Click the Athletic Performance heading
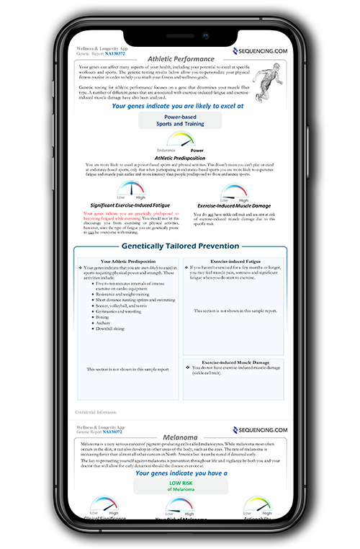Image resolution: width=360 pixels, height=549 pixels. (181, 59)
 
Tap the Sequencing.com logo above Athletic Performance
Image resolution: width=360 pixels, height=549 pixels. (260, 51)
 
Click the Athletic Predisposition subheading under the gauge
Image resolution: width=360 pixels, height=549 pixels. (181, 158)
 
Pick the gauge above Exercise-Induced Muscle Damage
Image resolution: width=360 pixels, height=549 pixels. (233, 192)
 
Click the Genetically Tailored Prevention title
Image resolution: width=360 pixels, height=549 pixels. (181, 246)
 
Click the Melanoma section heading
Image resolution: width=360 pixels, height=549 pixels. (181, 437)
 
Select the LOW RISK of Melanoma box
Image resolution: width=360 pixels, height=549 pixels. (181, 486)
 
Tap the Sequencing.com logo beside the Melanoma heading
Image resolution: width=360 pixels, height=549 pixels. (260, 429)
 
